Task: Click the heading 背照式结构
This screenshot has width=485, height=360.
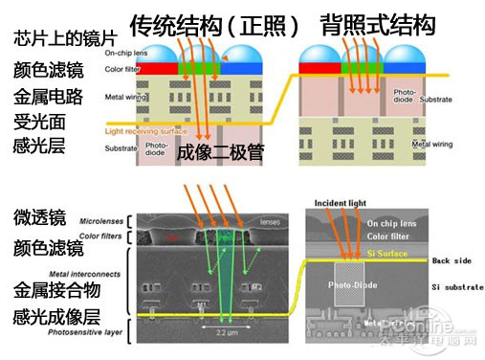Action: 378,22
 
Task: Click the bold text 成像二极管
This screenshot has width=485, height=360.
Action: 220,153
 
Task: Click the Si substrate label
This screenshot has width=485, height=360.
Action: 454,286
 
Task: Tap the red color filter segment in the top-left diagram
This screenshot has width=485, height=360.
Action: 150,69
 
